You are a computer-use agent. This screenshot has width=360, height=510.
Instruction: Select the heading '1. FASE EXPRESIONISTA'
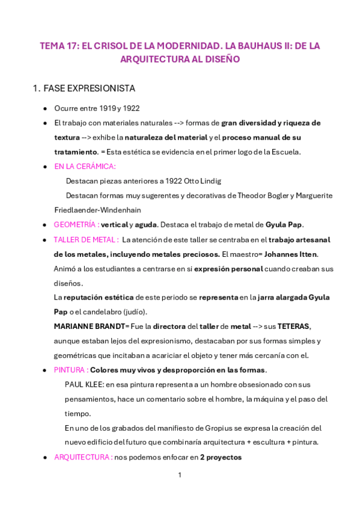coord(84,88)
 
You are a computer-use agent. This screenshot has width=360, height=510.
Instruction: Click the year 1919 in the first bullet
coord(108,108)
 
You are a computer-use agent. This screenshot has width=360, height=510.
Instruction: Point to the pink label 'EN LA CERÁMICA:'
coord(85,167)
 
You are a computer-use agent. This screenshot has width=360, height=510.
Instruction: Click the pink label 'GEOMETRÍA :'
coord(76,224)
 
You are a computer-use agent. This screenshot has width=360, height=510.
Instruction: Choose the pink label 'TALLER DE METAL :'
coord(86,239)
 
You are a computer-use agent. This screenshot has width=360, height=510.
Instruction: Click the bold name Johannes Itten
coord(290,254)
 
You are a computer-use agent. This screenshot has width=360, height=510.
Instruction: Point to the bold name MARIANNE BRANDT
coord(88,326)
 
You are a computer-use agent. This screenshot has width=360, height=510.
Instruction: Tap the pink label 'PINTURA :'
coord(71,369)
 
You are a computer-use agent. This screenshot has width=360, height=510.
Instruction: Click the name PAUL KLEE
coord(84,384)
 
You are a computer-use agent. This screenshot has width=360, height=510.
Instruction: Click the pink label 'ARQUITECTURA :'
coord(83,457)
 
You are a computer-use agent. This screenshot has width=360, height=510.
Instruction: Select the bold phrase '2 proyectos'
coord(221,457)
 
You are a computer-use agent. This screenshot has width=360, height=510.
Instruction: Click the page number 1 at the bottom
coord(180,475)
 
